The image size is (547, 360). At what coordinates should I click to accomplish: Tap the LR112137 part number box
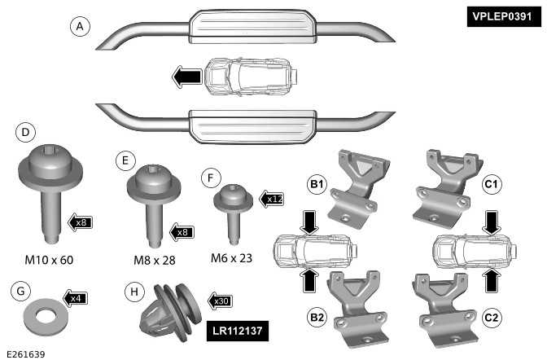235,330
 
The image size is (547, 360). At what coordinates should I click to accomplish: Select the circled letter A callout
78,27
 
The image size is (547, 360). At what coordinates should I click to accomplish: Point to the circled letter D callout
25,132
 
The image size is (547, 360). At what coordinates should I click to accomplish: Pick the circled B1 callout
317,186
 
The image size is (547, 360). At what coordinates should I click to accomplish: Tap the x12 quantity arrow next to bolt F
271,198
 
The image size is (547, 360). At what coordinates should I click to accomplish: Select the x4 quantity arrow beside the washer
74,298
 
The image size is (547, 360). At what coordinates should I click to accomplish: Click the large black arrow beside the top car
186,77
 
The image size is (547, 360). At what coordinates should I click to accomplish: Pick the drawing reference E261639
25,353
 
